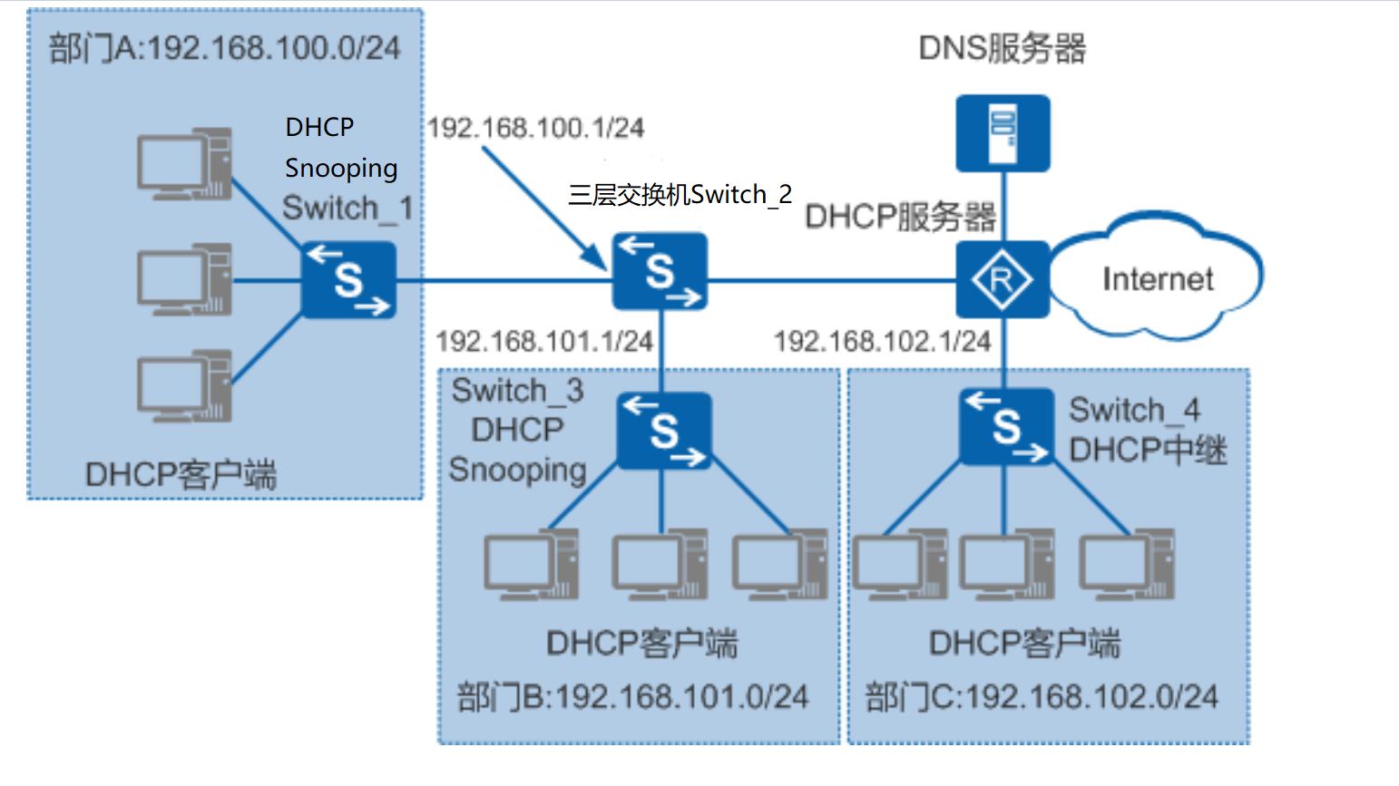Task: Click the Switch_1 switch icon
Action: [x=348, y=280]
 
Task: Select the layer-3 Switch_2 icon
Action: [x=660, y=272]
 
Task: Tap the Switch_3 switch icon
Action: [x=663, y=431]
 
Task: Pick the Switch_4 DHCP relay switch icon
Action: [x=1006, y=427]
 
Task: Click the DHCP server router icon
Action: [x=1003, y=279]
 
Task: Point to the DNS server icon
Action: [x=1003, y=133]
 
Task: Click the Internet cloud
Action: [x=1156, y=278]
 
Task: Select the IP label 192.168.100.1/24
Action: [x=535, y=128]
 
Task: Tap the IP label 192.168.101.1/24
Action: [x=544, y=341]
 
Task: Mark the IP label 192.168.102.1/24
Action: [x=882, y=341]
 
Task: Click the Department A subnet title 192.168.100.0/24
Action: [x=224, y=48]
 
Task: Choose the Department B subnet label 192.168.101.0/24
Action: [x=632, y=696]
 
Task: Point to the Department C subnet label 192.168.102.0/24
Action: [x=1042, y=696]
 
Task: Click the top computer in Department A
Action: [x=184, y=164]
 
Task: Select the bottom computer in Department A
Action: [x=184, y=387]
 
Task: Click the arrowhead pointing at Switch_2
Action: [x=598, y=262]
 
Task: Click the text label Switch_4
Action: [x=1134, y=410]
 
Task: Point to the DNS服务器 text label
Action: [x=1002, y=48]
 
